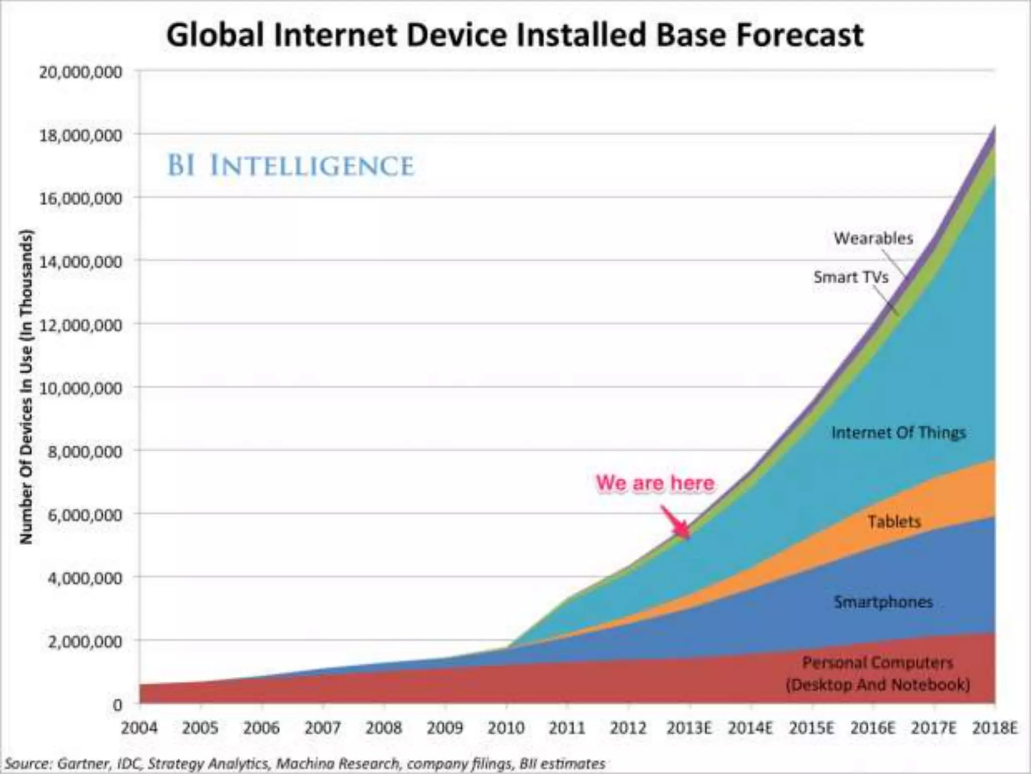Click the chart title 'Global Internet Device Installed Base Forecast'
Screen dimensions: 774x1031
[x=514, y=35]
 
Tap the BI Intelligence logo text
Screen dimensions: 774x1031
[x=290, y=166]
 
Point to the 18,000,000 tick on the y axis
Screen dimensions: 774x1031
[x=81, y=136]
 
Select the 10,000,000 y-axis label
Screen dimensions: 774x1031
[x=81, y=389]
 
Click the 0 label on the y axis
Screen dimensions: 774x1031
[x=117, y=705]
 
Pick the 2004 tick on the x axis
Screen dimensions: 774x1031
[x=139, y=728]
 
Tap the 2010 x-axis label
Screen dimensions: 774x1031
[x=506, y=728]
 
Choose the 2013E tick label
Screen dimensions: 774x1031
[x=689, y=728]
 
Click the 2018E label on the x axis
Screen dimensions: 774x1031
[x=995, y=728]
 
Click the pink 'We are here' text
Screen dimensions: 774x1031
[x=655, y=483]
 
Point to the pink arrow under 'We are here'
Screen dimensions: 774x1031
[x=676, y=523]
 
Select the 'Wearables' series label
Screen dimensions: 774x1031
[x=873, y=238]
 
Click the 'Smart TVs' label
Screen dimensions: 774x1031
[x=851, y=277]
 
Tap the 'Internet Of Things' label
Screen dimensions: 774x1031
[x=899, y=432]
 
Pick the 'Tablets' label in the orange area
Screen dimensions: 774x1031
[x=894, y=522]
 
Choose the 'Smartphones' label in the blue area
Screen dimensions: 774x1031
[x=883, y=602]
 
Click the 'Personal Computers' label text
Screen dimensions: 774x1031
[x=877, y=662]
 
